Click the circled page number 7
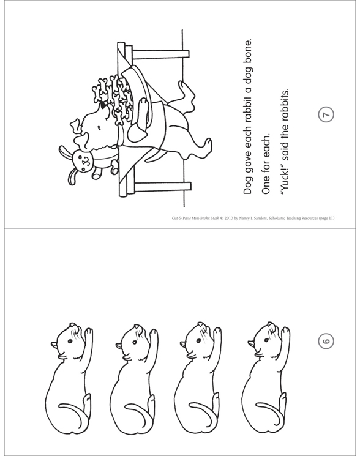click(326, 114)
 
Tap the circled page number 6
click(326, 341)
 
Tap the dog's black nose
click(103, 105)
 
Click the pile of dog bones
click(113, 97)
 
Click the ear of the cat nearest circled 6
click(251, 344)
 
